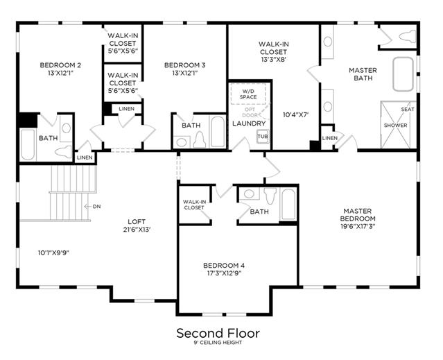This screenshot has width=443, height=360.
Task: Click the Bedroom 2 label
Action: [x=60, y=65]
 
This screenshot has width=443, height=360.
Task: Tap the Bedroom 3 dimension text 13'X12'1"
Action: [x=185, y=74]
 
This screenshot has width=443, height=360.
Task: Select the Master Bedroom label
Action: [x=358, y=215]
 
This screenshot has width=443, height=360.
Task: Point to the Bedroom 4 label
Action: [x=224, y=266]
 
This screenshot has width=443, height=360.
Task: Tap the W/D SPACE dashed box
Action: [x=248, y=94]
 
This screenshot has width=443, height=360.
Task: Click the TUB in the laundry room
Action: [x=263, y=137]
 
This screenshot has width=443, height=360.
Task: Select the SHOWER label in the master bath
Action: [x=396, y=125]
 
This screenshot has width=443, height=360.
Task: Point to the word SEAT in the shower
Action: [x=408, y=109]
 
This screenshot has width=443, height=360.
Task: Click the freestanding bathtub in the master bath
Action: [x=403, y=74]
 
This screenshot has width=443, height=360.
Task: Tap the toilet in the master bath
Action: [x=407, y=37]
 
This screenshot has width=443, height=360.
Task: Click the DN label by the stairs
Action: [x=96, y=207]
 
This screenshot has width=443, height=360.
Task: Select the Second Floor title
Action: [x=218, y=333]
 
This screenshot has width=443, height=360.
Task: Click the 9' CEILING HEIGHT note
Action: [x=218, y=343]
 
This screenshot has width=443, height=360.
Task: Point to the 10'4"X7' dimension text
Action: [x=296, y=114]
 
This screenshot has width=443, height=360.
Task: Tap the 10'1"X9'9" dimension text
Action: [x=53, y=252]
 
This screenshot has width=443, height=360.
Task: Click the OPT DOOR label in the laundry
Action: [x=250, y=112]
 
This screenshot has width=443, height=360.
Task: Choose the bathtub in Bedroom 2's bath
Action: [x=28, y=144]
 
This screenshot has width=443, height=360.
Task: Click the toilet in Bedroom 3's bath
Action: [x=200, y=139]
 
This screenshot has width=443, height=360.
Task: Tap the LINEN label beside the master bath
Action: [x=330, y=138]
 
